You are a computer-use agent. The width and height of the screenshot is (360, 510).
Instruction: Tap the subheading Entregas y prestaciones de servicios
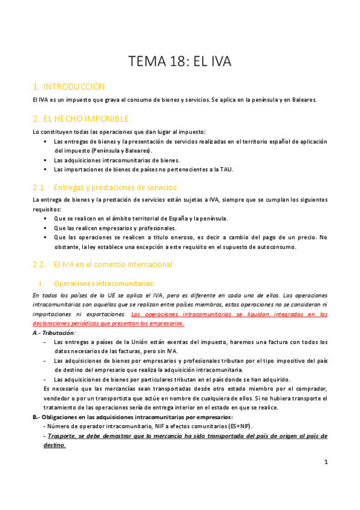pyautogui.click(x=115, y=187)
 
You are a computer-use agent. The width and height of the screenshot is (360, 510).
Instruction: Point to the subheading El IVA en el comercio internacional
pyautogui.click(x=114, y=263)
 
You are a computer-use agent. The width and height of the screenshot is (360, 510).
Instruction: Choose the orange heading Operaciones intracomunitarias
pyautogui.click(x=104, y=283)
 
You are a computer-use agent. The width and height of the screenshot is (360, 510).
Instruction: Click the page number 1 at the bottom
pyautogui.click(x=325, y=462)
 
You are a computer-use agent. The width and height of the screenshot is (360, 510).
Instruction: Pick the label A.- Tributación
pyautogui.click(x=54, y=333)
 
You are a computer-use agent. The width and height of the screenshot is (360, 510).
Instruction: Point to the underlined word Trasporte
pyautogui.click(x=60, y=435)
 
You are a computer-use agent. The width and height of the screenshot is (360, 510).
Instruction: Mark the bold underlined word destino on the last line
pyautogui.click(x=51, y=446)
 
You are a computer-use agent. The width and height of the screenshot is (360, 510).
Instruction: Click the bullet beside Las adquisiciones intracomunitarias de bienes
pyautogui.click(x=46, y=161)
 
